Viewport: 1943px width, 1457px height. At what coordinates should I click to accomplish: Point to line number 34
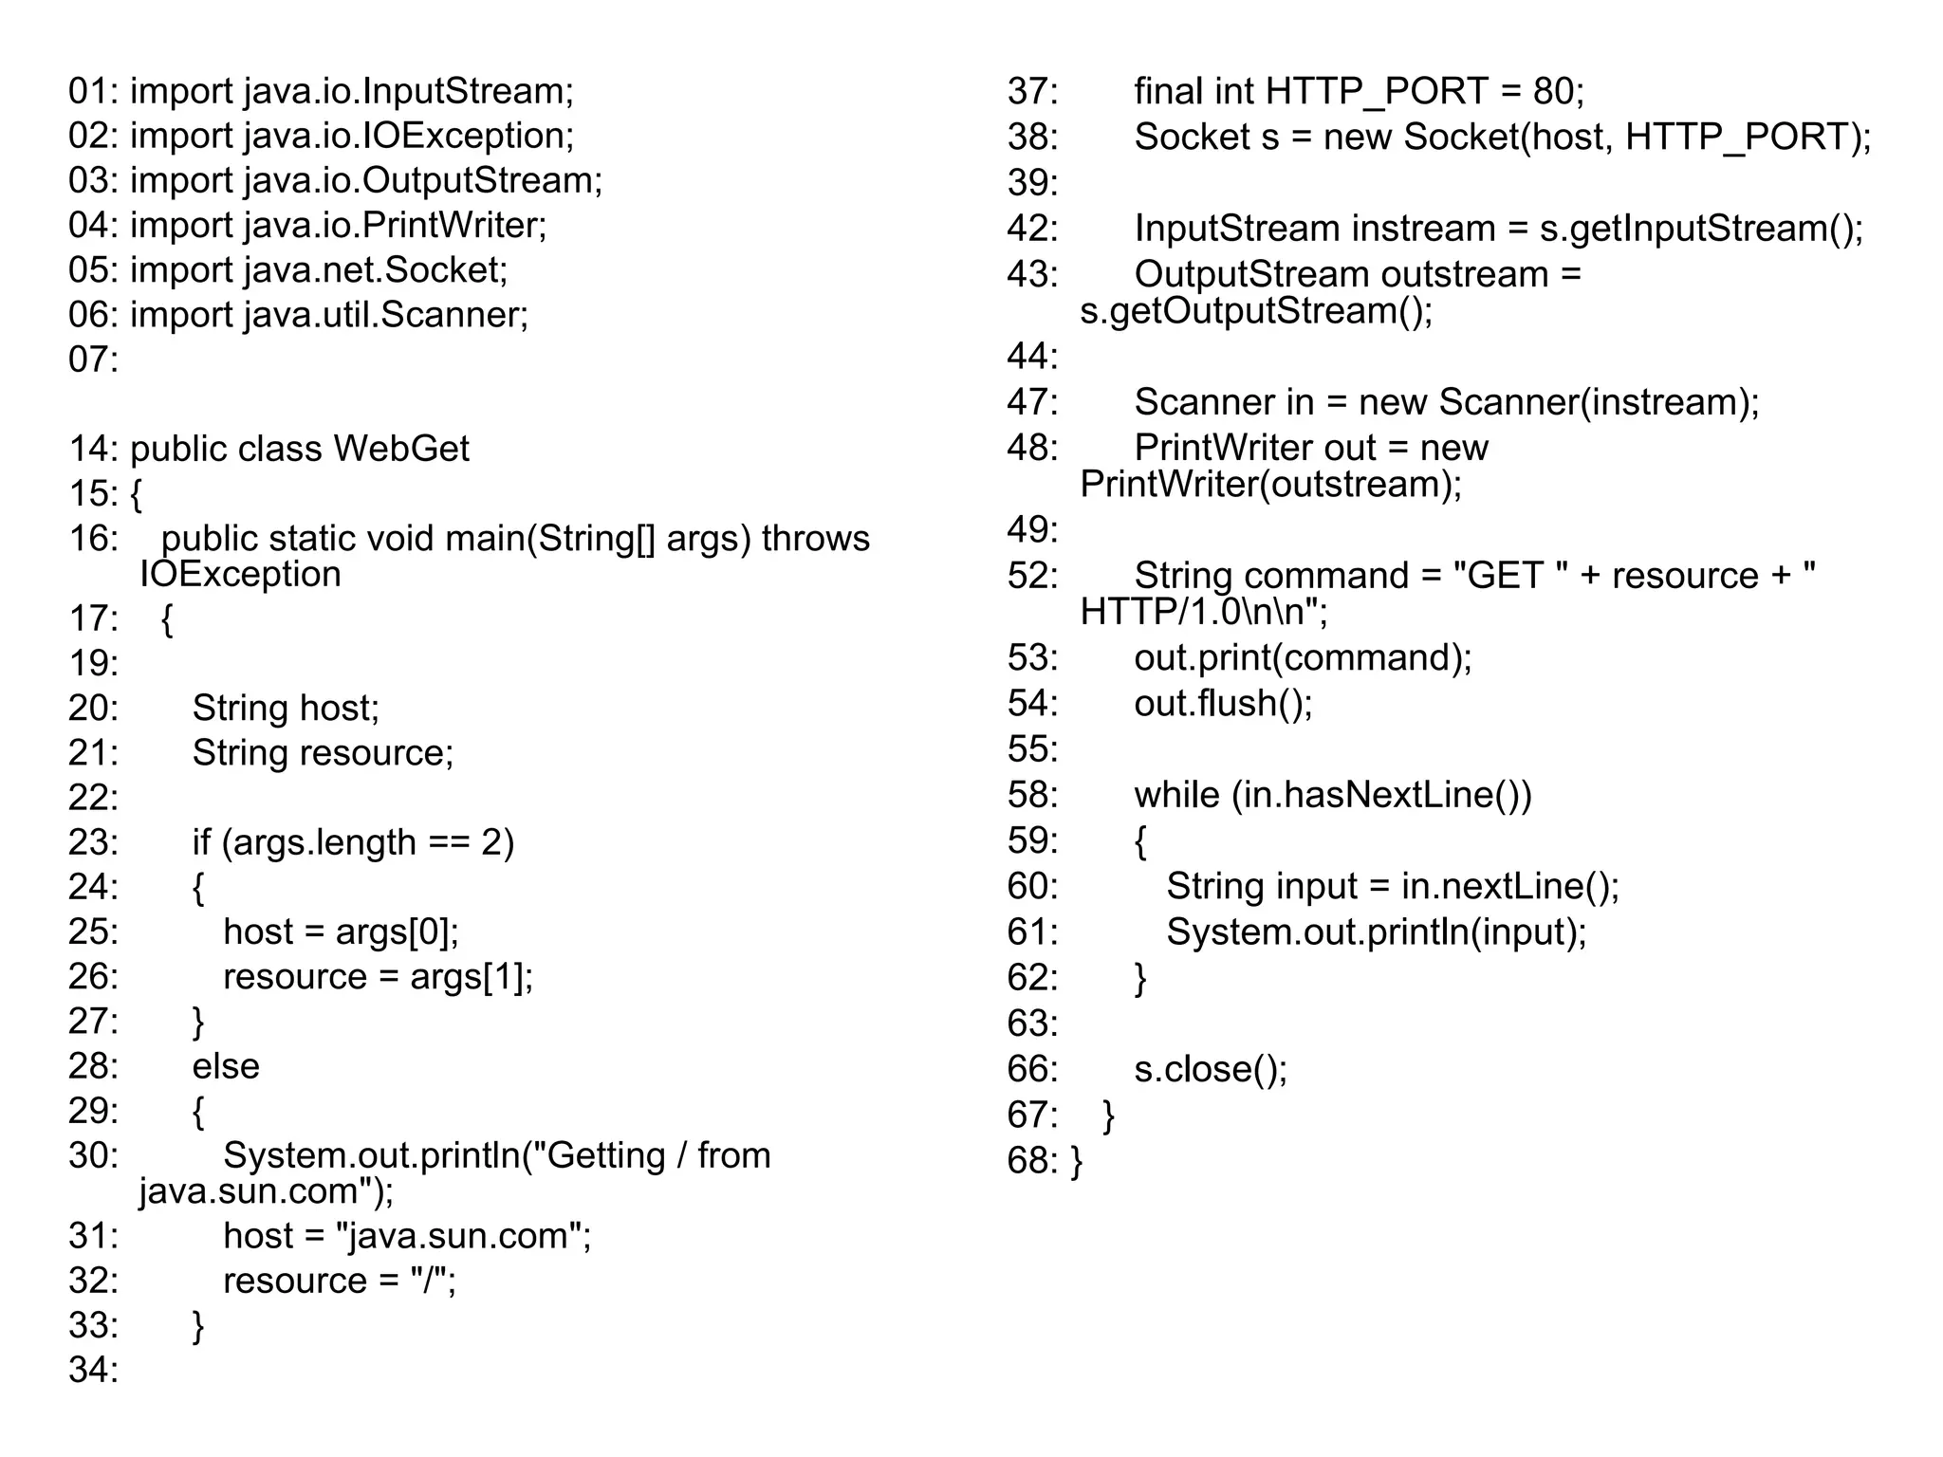coord(92,1370)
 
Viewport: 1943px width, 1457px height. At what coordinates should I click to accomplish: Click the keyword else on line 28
coord(226,1066)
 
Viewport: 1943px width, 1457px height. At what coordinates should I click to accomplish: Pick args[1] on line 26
coord(471,976)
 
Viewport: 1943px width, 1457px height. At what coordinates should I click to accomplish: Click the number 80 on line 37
coord(1553,91)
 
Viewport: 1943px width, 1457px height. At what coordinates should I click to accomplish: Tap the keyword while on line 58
coord(1176,795)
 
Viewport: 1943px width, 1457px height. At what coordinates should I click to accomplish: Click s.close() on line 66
coord(1210,1069)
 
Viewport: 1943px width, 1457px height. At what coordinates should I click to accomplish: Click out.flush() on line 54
coord(1222,703)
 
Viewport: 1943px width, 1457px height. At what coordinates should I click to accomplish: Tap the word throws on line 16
coord(815,538)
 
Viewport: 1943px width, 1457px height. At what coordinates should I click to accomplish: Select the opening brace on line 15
coord(136,493)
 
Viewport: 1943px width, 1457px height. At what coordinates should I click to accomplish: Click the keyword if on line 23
coord(201,842)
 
